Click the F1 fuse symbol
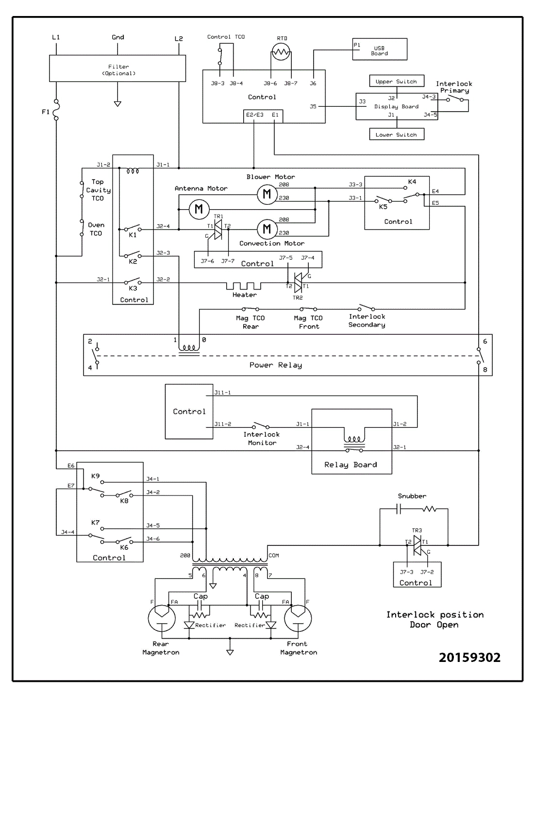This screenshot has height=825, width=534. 56,109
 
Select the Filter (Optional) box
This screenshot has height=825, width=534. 117,68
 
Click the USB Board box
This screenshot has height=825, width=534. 380,49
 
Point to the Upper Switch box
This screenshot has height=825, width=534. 396,81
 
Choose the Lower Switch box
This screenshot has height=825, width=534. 396,134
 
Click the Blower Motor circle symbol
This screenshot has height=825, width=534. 267,194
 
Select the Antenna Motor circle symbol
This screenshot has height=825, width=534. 199,209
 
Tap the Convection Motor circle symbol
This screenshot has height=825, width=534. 267,229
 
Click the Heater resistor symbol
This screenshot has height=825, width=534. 244,285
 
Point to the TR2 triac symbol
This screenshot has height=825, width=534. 298,282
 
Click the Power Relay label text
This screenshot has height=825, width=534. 275,365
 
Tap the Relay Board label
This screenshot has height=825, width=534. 350,464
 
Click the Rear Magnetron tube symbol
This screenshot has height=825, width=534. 162,618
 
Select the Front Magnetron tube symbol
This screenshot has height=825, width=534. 298,618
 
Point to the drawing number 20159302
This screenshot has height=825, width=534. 469,657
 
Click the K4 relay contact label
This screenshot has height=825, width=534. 412,181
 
